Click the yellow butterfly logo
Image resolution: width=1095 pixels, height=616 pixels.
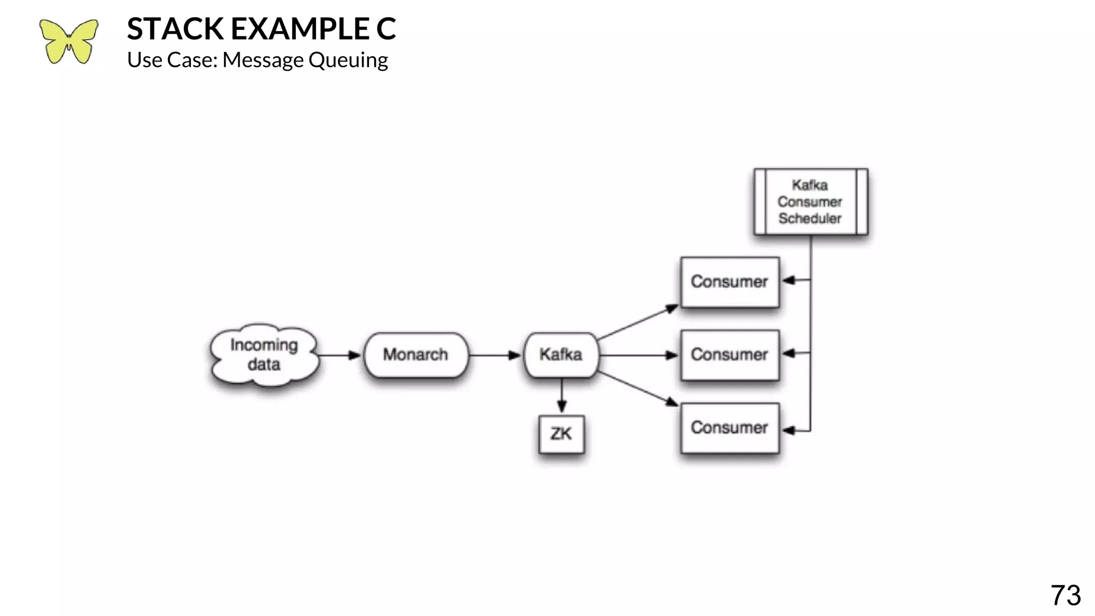click(68, 42)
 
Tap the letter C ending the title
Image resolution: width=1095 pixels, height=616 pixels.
click(385, 29)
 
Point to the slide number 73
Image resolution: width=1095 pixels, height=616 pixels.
click(1065, 595)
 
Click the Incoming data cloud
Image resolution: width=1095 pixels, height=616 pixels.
click(264, 355)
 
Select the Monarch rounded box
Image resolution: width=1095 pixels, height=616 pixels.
click(415, 355)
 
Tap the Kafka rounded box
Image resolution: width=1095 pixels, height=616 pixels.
click(561, 355)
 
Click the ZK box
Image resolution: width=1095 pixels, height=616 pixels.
click(561, 434)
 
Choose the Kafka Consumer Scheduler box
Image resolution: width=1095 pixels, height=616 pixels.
click(810, 202)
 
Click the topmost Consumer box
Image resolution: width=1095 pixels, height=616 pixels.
click(729, 282)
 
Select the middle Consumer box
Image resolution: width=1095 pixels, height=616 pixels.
click(729, 355)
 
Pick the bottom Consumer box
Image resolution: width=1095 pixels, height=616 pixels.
click(729, 428)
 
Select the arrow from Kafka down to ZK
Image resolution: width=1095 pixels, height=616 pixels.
click(561, 396)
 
